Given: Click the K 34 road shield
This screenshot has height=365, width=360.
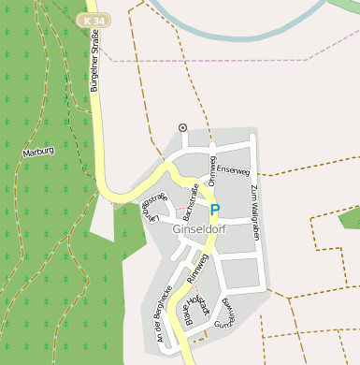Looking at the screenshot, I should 94,20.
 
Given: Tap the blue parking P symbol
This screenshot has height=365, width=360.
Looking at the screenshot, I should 214,211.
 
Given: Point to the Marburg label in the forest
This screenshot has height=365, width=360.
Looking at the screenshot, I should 38,151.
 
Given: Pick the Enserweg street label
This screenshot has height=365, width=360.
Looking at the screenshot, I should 233,170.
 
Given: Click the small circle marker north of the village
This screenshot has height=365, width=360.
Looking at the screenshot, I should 182,127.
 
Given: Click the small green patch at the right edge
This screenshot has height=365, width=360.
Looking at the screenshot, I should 350,219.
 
